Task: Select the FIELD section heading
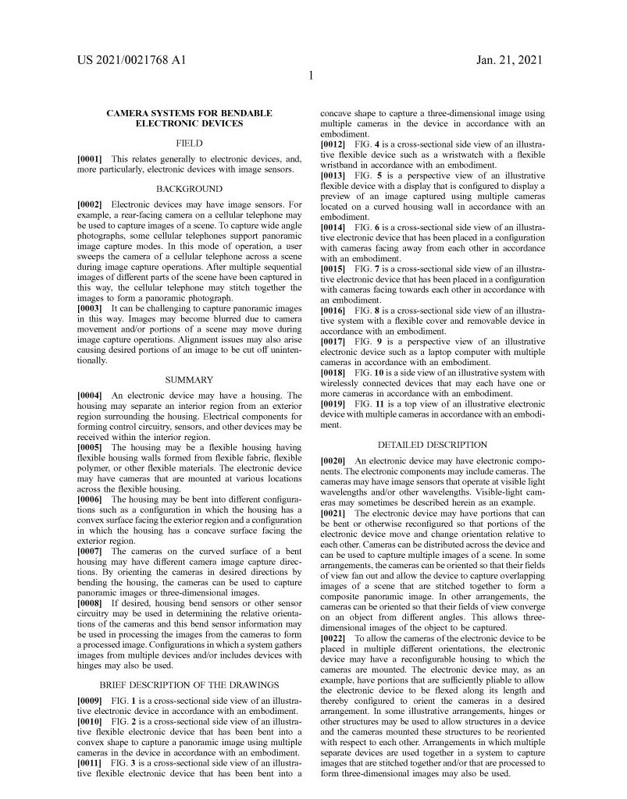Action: (x=189, y=144)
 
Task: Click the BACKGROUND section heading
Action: (x=189, y=189)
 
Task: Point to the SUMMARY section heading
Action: (x=189, y=380)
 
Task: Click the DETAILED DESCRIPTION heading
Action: (x=432, y=445)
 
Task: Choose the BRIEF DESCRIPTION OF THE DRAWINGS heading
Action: (x=189, y=684)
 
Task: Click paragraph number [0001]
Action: (x=90, y=158)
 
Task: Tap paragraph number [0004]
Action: (x=90, y=396)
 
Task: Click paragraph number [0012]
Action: (x=334, y=145)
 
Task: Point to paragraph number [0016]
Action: (x=334, y=310)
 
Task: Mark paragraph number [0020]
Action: (x=334, y=461)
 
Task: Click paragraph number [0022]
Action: (x=334, y=638)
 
